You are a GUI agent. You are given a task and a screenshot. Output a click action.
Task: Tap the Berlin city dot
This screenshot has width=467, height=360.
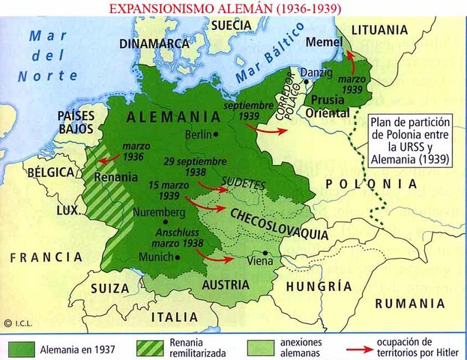coord(216,134)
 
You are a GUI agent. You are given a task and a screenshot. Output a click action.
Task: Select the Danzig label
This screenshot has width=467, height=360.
coord(315,73)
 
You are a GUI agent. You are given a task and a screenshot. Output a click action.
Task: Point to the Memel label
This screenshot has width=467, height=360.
coord(322,42)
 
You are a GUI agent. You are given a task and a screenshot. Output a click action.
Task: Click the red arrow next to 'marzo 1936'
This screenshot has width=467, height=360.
coord(104,159)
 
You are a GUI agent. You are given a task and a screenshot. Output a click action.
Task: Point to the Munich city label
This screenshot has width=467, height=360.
coord(155,256)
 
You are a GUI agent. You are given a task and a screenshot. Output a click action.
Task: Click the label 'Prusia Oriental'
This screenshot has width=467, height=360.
coord(328,106)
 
